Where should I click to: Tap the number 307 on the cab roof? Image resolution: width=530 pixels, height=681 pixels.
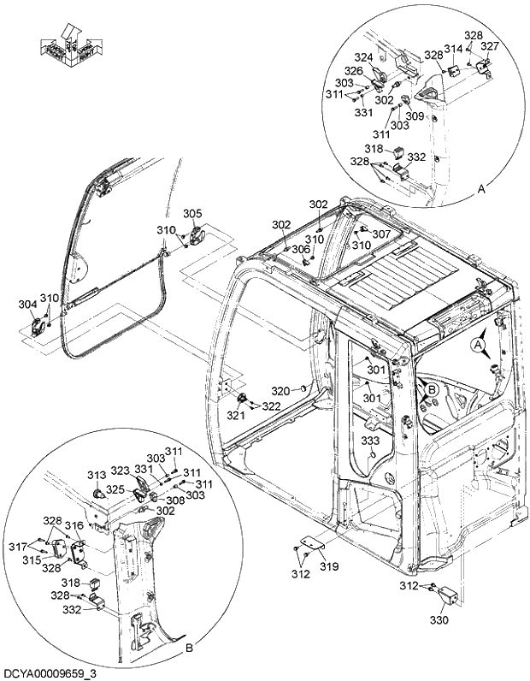point(381,234)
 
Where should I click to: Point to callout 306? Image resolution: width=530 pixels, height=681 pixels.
point(300,249)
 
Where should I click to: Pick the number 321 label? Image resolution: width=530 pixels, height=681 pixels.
point(235,415)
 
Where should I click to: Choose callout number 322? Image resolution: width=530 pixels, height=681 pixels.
point(271,406)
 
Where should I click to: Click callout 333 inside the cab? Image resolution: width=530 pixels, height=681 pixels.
point(369,440)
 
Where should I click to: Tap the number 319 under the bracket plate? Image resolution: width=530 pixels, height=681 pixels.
point(329,566)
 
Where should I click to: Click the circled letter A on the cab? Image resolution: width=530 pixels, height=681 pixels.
point(479,344)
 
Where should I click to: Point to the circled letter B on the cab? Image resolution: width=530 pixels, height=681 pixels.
point(433,390)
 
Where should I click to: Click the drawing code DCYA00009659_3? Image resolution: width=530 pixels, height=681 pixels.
point(50,673)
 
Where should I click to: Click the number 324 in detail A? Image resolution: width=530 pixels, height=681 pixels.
point(364,57)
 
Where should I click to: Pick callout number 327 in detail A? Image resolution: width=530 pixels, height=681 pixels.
point(490,46)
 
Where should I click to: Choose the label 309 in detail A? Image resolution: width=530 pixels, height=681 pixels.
point(415,116)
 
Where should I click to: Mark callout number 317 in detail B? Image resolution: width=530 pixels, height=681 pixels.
point(39,548)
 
